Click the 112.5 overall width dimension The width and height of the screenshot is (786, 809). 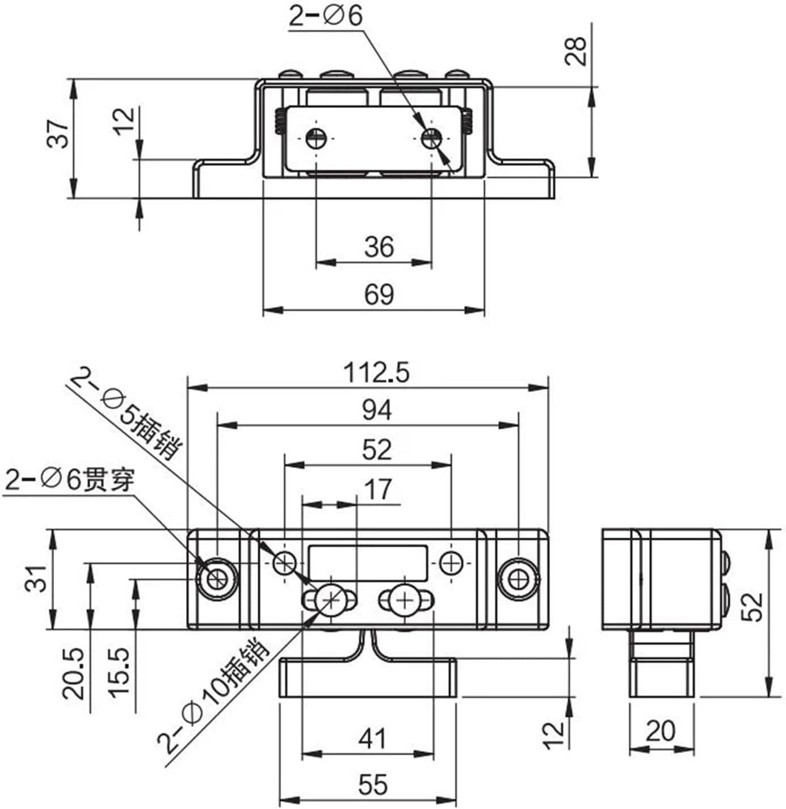pos(376,373)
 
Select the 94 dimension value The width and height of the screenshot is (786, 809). pos(376,410)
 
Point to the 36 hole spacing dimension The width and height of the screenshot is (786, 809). pos(379,247)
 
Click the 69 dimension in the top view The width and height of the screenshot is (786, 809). pos(379,295)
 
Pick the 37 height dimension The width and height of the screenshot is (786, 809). pos(58,134)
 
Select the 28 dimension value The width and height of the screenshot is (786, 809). pos(576,51)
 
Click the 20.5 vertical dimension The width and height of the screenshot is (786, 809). pos(74,674)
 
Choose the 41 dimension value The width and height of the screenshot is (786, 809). pos(372,739)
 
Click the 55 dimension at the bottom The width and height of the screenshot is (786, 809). pos(373,785)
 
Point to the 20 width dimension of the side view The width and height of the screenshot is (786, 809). pos(661,731)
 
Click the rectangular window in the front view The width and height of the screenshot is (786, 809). pos(368,563)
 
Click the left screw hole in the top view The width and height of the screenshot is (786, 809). pos(316,138)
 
